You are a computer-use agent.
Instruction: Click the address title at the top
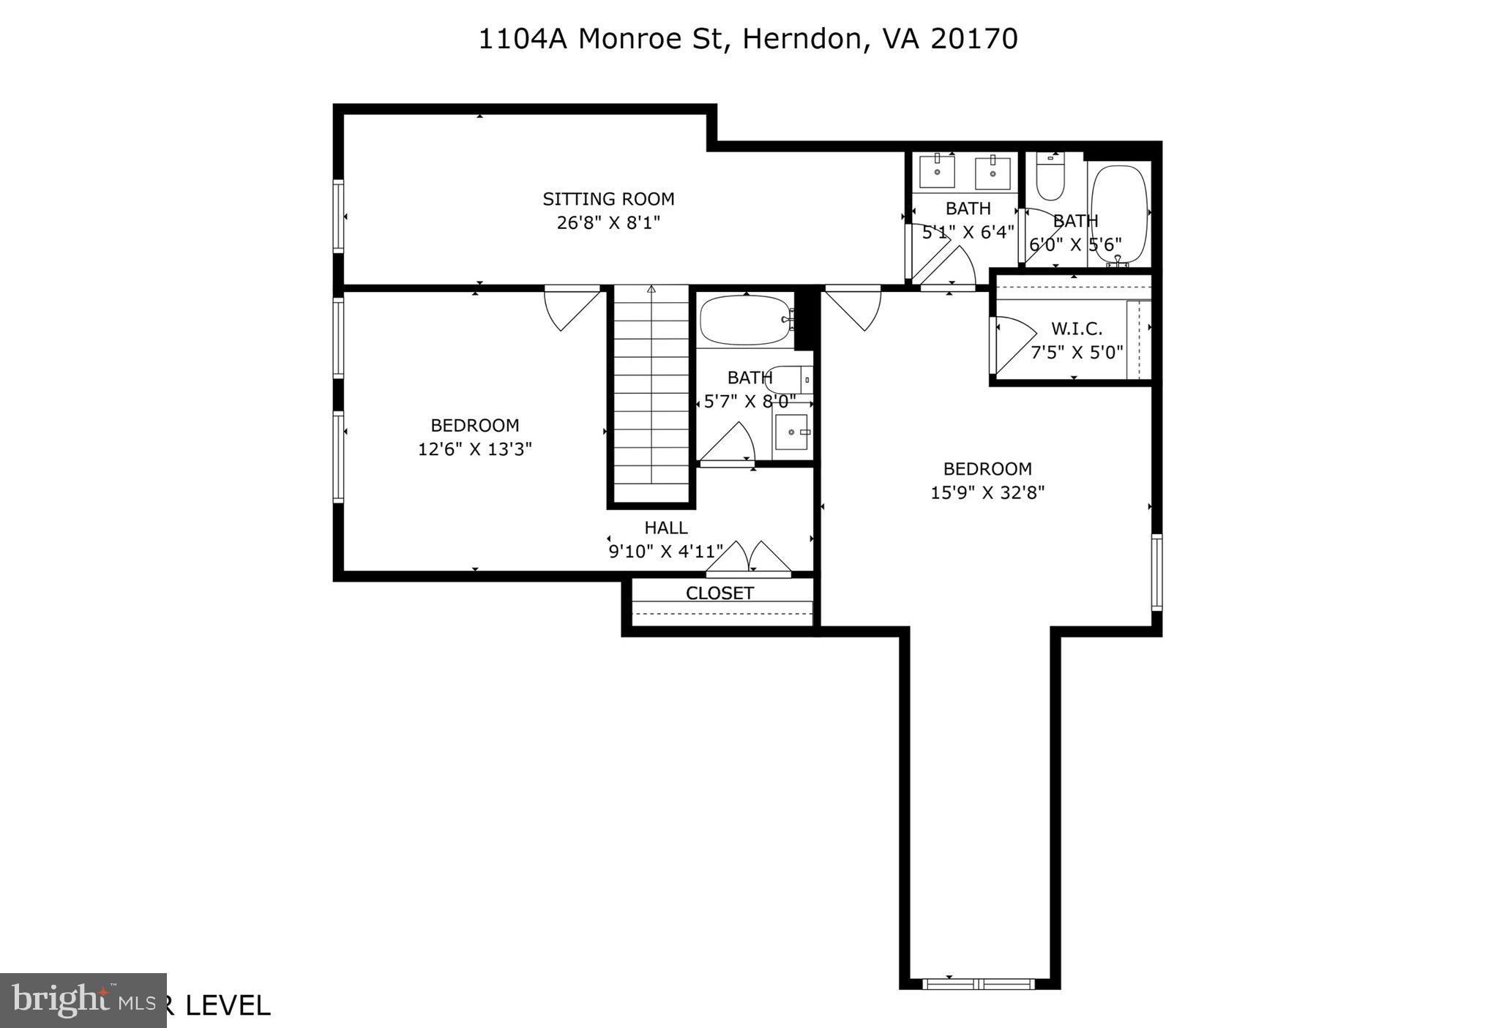pyautogui.click(x=747, y=39)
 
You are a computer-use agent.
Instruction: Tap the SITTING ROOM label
pyautogui.click(x=608, y=199)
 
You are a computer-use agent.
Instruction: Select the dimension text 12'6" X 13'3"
pyautogui.click(x=474, y=449)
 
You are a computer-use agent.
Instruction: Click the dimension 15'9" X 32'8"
pyautogui.click(x=987, y=492)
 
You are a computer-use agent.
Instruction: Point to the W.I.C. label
pyautogui.click(x=1076, y=329)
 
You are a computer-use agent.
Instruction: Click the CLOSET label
pyautogui.click(x=719, y=593)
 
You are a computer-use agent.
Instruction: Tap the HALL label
pyautogui.click(x=665, y=528)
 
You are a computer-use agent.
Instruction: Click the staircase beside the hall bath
pyautogui.click(x=651, y=395)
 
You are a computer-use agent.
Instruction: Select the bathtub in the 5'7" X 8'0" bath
pyautogui.click(x=745, y=320)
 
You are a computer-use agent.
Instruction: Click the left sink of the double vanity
pyautogui.click(x=937, y=172)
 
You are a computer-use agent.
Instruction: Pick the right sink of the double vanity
pyautogui.click(x=993, y=173)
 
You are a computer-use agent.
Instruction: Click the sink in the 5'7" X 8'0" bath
pyautogui.click(x=791, y=432)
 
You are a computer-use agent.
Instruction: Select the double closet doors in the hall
pyautogui.click(x=748, y=558)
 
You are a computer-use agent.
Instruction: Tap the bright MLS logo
pyautogui.click(x=83, y=1000)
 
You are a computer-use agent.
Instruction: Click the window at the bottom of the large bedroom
pyautogui.click(x=979, y=983)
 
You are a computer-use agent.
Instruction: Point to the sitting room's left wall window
pyautogui.click(x=338, y=216)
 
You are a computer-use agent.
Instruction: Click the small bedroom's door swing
pyautogui.click(x=571, y=307)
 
